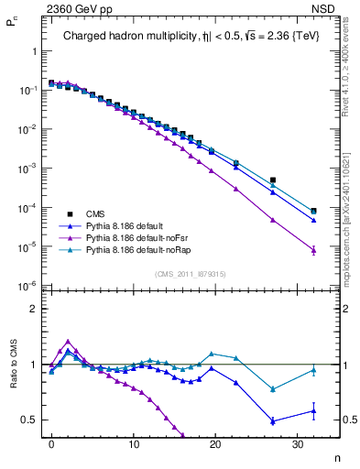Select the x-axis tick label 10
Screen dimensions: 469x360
click(133, 443)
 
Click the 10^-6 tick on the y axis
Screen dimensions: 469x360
click(30, 287)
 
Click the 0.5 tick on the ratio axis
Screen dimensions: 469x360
click(29, 420)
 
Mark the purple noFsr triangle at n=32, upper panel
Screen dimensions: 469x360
click(313, 250)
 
